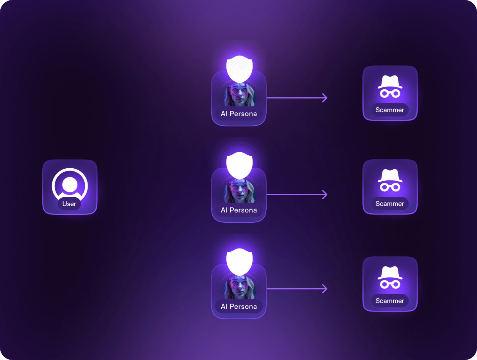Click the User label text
pos(69,204)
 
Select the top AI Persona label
pos(239,114)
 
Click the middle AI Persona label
pos(239,210)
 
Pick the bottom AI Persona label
pos(239,306)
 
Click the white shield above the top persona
pos(240,68)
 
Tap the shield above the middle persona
pos(240,165)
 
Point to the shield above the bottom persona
pos(240,261)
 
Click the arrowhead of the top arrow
pos(325,98)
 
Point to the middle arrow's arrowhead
pos(325,194)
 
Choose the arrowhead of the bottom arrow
pos(325,289)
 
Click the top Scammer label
pos(390,110)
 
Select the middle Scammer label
pos(390,203)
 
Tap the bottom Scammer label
pos(390,301)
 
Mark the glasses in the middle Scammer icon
pos(390,187)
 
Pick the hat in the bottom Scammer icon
pos(390,272)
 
